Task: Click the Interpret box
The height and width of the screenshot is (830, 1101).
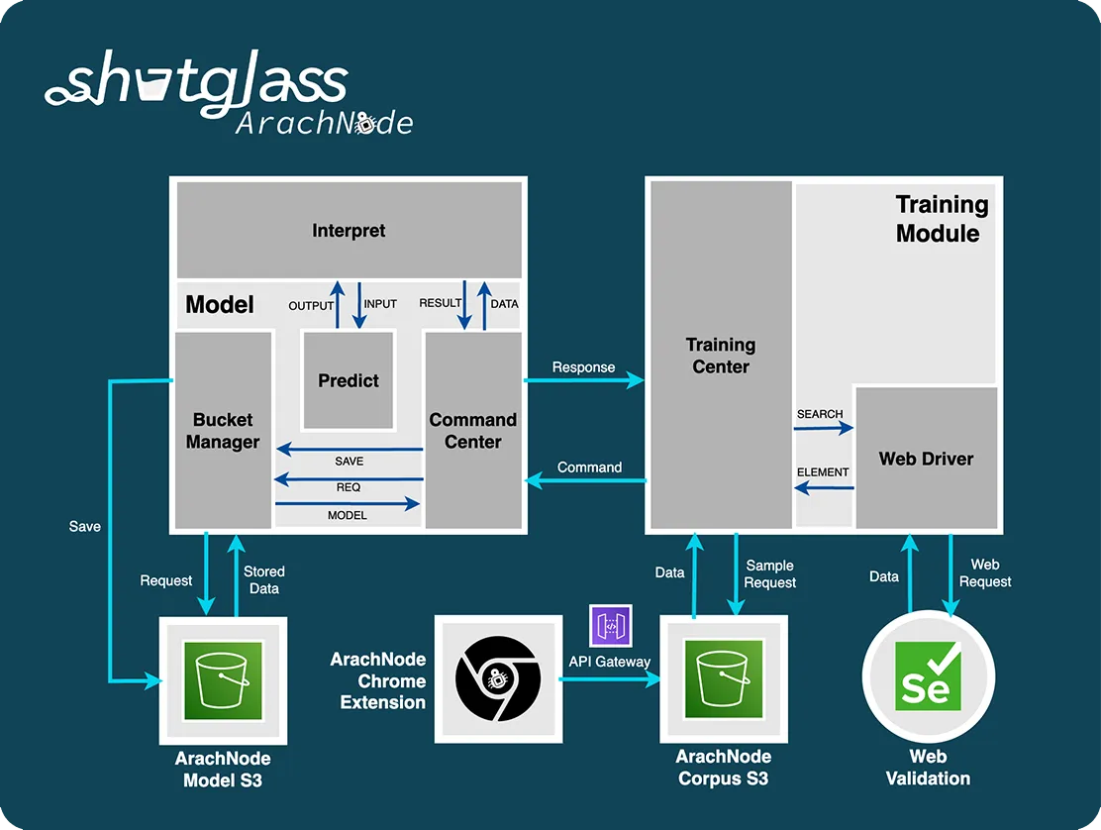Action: click(x=349, y=231)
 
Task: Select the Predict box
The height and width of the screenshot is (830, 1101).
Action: click(x=348, y=380)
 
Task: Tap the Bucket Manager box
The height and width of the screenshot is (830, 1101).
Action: click(x=223, y=431)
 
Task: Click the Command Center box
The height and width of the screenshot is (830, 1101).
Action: click(x=472, y=431)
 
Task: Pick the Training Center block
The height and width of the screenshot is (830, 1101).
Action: click(x=720, y=356)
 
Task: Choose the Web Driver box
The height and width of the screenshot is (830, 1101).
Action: click(x=926, y=459)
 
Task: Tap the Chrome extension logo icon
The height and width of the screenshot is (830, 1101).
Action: click(x=498, y=678)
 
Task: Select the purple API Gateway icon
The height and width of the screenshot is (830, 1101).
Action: click(x=610, y=626)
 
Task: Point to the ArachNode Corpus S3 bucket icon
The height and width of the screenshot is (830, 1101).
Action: click(x=724, y=678)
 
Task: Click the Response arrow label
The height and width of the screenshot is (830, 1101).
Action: click(x=583, y=367)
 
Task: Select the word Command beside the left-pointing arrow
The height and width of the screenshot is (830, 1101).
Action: click(x=589, y=467)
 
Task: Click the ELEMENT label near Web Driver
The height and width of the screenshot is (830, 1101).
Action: click(x=823, y=472)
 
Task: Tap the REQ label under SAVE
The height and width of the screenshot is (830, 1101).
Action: click(x=349, y=487)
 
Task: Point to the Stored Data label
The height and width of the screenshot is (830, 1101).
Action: click(x=264, y=580)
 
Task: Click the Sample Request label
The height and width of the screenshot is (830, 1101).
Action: click(x=770, y=574)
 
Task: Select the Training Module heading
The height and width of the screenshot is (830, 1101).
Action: click(x=941, y=219)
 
